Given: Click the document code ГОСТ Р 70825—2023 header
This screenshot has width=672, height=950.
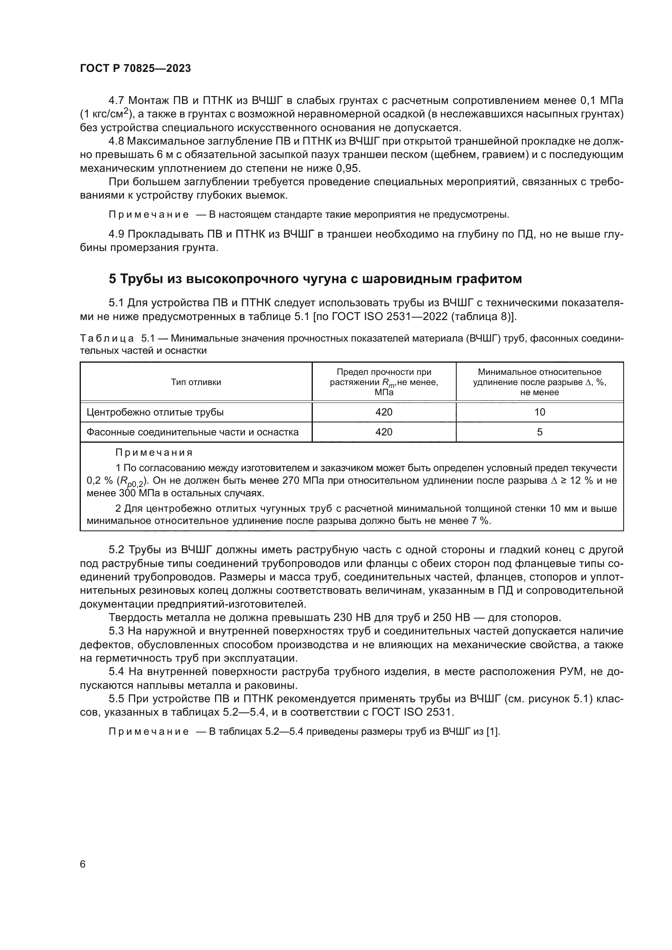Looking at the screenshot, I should tap(135, 69).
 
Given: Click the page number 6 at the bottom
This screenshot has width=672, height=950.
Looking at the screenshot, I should tap(83, 864).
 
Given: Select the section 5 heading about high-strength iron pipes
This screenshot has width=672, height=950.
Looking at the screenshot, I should tap(315, 279).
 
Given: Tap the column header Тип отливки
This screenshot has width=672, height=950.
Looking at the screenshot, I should tap(196, 382).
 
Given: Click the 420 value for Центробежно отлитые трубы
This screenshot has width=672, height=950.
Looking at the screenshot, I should tap(384, 412).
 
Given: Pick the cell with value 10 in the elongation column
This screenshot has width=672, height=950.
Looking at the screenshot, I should tap(540, 412).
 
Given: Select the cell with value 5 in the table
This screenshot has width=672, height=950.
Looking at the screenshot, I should tap(540, 432).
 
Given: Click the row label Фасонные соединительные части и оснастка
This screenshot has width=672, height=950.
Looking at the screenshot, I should tap(193, 432).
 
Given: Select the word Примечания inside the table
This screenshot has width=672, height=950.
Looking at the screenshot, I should tap(154, 452).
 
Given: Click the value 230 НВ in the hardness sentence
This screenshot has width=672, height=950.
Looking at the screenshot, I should tap(352, 618).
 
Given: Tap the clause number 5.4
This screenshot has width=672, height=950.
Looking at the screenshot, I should tap(117, 671).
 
